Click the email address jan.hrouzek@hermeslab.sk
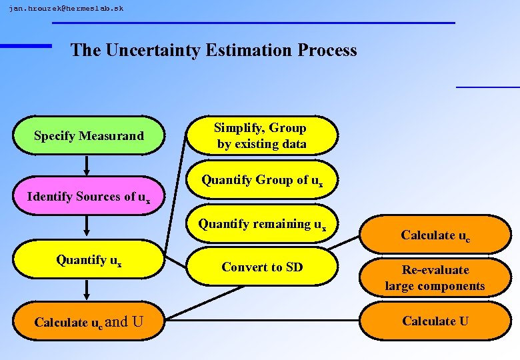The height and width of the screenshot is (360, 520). pos(66,9)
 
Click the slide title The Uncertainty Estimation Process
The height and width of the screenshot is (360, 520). pos(213,50)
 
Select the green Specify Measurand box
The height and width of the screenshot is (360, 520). pos(89,136)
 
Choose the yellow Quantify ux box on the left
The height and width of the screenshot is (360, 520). pos(89,260)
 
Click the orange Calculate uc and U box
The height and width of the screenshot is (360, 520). pos(89,322)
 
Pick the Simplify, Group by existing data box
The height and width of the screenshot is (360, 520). pos(261,136)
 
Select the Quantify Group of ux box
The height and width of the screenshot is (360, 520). pos(261,180)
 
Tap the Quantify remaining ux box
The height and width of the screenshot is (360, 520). pos(261,225)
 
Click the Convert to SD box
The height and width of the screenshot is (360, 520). pos(261,267)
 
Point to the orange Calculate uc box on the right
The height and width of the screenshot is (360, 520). pos(435,235)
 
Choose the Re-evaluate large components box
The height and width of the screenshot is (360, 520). pos(435,278)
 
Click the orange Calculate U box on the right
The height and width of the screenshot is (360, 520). pos(435,321)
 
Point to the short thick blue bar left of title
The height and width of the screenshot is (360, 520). pos(26,45)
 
